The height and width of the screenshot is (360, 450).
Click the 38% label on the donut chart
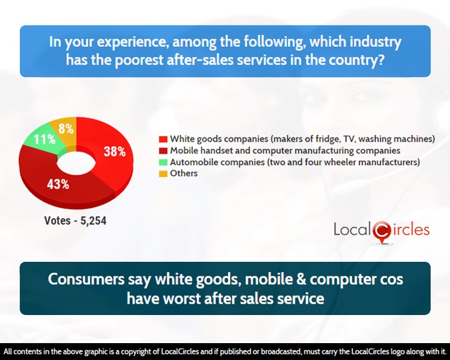(114, 151)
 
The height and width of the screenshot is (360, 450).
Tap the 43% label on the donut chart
(58, 184)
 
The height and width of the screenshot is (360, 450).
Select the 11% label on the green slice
(44, 139)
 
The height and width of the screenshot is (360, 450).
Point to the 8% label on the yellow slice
(66, 129)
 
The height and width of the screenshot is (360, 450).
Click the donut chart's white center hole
(76, 163)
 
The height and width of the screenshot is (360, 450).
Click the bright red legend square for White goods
(163, 139)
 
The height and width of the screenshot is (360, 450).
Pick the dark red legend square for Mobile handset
(163, 151)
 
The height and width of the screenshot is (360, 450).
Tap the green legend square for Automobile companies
(163, 162)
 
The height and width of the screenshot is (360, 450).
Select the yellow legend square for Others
(163, 174)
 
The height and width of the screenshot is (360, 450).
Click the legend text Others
(184, 173)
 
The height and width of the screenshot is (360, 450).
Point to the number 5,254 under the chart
(94, 221)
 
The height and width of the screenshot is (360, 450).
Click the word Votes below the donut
(57, 221)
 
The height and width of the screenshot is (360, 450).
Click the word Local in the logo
(352, 229)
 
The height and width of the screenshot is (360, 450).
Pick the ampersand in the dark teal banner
(301, 279)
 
